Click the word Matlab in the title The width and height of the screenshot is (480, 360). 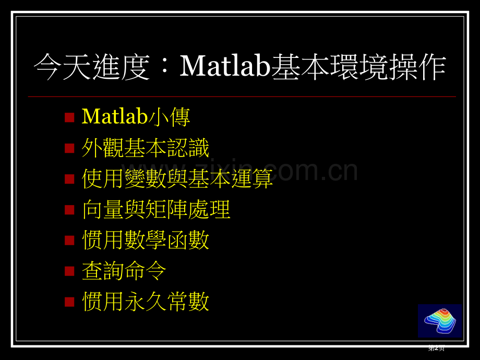[224, 67]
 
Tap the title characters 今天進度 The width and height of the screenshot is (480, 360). [92, 68]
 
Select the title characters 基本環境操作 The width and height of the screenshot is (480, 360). [358, 68]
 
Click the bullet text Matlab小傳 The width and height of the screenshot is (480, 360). [136, 117]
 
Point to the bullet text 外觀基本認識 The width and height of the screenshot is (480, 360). [146, 148]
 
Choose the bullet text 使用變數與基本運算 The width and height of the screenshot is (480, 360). [177, 179]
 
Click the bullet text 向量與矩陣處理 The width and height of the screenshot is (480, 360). [156, 210]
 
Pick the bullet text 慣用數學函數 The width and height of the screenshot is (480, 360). [146, 241]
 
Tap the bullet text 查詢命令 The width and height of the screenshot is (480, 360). [124, 271]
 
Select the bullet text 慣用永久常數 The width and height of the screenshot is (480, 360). [146, 302]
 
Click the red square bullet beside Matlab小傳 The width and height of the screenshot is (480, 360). [69, 117]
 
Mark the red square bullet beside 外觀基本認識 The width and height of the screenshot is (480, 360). [69, 149]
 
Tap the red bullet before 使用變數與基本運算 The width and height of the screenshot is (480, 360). [69, 179]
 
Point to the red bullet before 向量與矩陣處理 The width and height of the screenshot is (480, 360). [69, 210]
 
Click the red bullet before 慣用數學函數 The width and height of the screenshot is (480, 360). [69, 241]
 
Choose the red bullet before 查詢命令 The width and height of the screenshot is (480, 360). [69, 271]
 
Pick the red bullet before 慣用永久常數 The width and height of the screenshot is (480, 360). [69, 302]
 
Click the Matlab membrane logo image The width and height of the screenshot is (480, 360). [440, 321]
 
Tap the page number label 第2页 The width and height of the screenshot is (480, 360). [436, 349]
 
